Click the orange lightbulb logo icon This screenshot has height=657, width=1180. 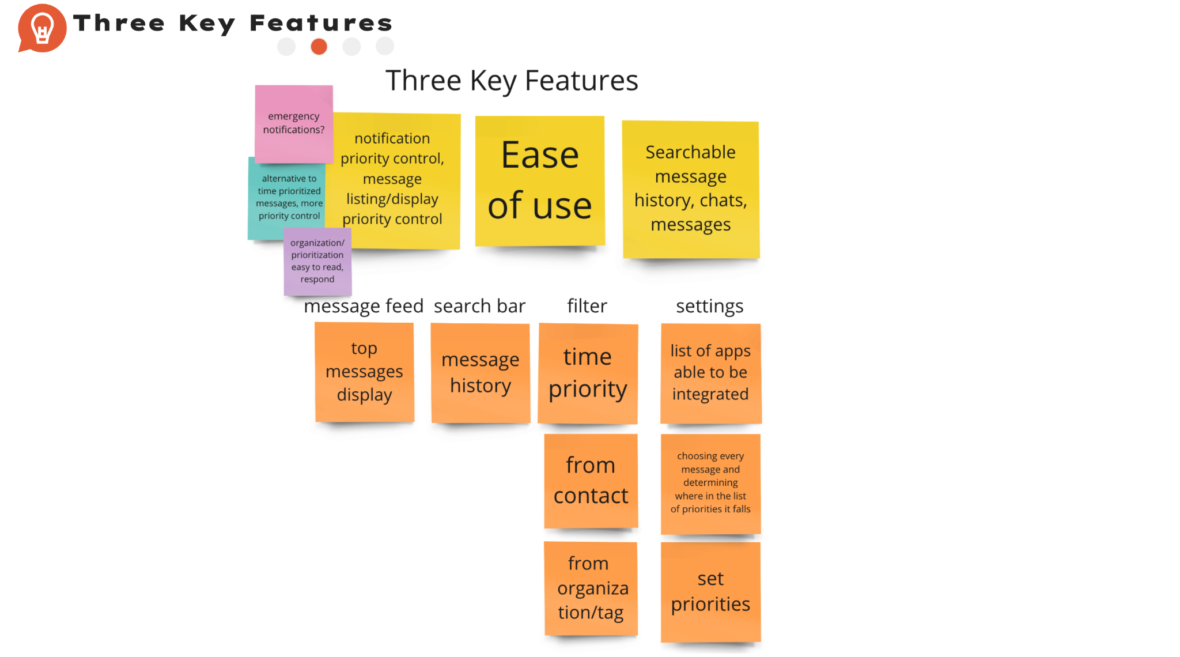tap(41, 28)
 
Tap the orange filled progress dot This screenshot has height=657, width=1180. tap(319, 47)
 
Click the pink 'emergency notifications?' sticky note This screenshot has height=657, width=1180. tap(294, 123)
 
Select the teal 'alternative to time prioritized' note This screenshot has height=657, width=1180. tap(286, 197)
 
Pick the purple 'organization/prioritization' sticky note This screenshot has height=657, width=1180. tap(317, 261)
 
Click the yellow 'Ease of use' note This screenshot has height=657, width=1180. tap(540, 181)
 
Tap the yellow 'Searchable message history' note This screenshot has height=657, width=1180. tap(691, 189)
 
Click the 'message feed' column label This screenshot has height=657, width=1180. tap(364, 306)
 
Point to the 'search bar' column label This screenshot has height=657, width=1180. tap(479, 306)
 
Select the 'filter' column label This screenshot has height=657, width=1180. tap(587, 306)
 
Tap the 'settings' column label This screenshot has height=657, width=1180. tap(710, 307)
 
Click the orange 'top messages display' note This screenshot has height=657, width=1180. tap(364, 372)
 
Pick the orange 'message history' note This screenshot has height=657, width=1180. tap(481, 373)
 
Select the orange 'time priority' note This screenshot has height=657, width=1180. tap(588, 373)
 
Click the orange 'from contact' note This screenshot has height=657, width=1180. tap(591, 481)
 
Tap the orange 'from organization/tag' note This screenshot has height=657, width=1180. tap(591, 588)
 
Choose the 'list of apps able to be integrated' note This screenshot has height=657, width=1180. tap(711, 373)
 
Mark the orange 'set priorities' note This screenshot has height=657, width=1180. tap(711, 592)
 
